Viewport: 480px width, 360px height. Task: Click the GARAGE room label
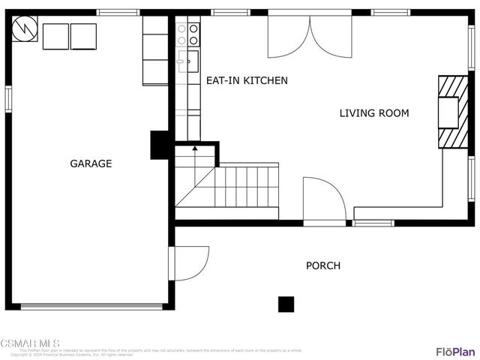(91, 163)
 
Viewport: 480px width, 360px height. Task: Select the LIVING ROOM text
(374, 113)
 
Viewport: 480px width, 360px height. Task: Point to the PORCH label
(322, 265)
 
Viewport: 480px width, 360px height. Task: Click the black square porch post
(286, 304)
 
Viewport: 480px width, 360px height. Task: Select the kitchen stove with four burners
(187, 34)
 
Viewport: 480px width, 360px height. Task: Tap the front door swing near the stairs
(324, 200)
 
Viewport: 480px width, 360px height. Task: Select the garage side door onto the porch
(190, 262)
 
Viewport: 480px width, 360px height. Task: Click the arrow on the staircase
(195, 148)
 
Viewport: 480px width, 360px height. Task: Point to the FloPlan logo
(455, 351)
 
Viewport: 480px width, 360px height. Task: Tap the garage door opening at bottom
(91, 306)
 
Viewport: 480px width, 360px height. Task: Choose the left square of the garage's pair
(55, 36)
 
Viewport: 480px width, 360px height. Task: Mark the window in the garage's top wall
(118, 12)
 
